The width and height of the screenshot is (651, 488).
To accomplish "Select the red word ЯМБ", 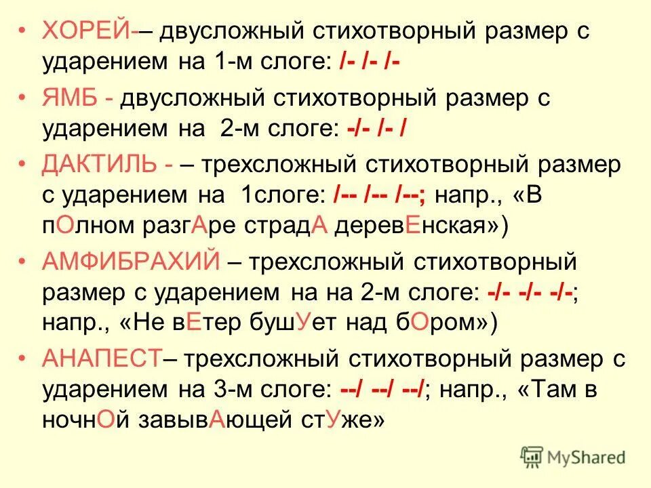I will [70, 97].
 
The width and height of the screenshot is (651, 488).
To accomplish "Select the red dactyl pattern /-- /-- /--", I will [380, 196].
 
